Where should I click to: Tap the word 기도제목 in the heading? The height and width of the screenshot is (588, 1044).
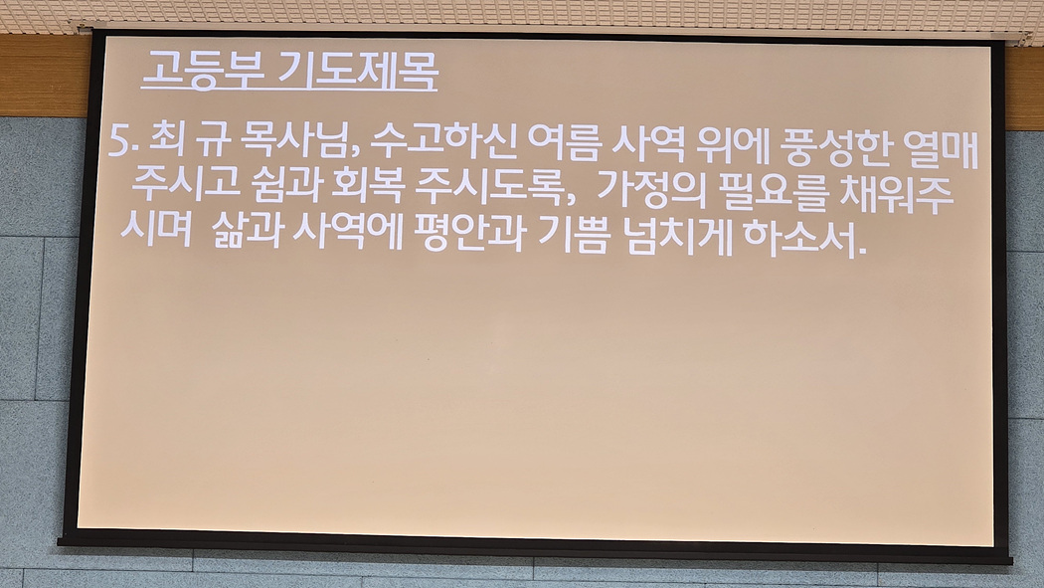click(357, 70)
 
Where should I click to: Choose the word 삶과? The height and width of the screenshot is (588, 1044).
click(248, 231)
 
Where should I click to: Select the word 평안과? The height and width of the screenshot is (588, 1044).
click(470, 233)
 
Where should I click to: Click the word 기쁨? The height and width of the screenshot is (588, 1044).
click(573, 235)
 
